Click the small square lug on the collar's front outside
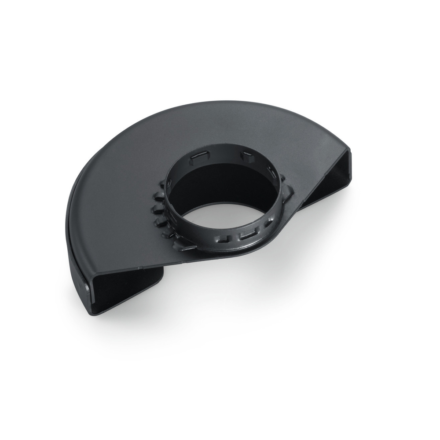pyautogui.click(x=224, y=238)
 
